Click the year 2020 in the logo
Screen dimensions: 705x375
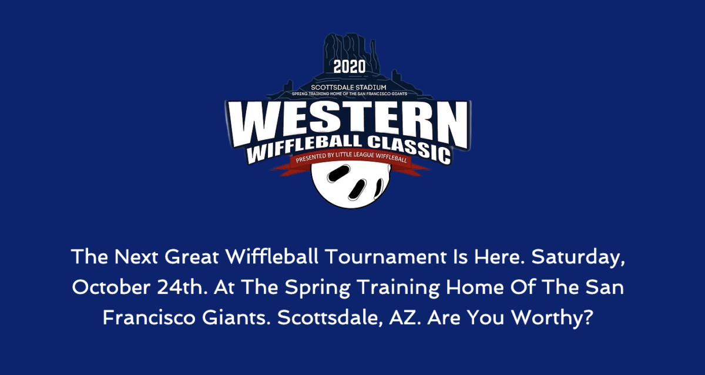click(350, 67)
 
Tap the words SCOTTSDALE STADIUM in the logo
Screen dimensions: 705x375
click(348, 87)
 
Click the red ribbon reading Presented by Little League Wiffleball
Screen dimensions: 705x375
click(351, 160)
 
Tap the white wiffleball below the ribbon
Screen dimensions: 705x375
click(351, 186)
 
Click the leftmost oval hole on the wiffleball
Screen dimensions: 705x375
click(338, 174)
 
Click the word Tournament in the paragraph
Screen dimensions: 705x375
click(386, 257)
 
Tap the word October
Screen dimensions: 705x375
click(111, 287)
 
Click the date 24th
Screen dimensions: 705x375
click(182, 287)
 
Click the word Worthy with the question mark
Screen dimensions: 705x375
click(552, 319)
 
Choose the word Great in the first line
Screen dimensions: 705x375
click(192, 257)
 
